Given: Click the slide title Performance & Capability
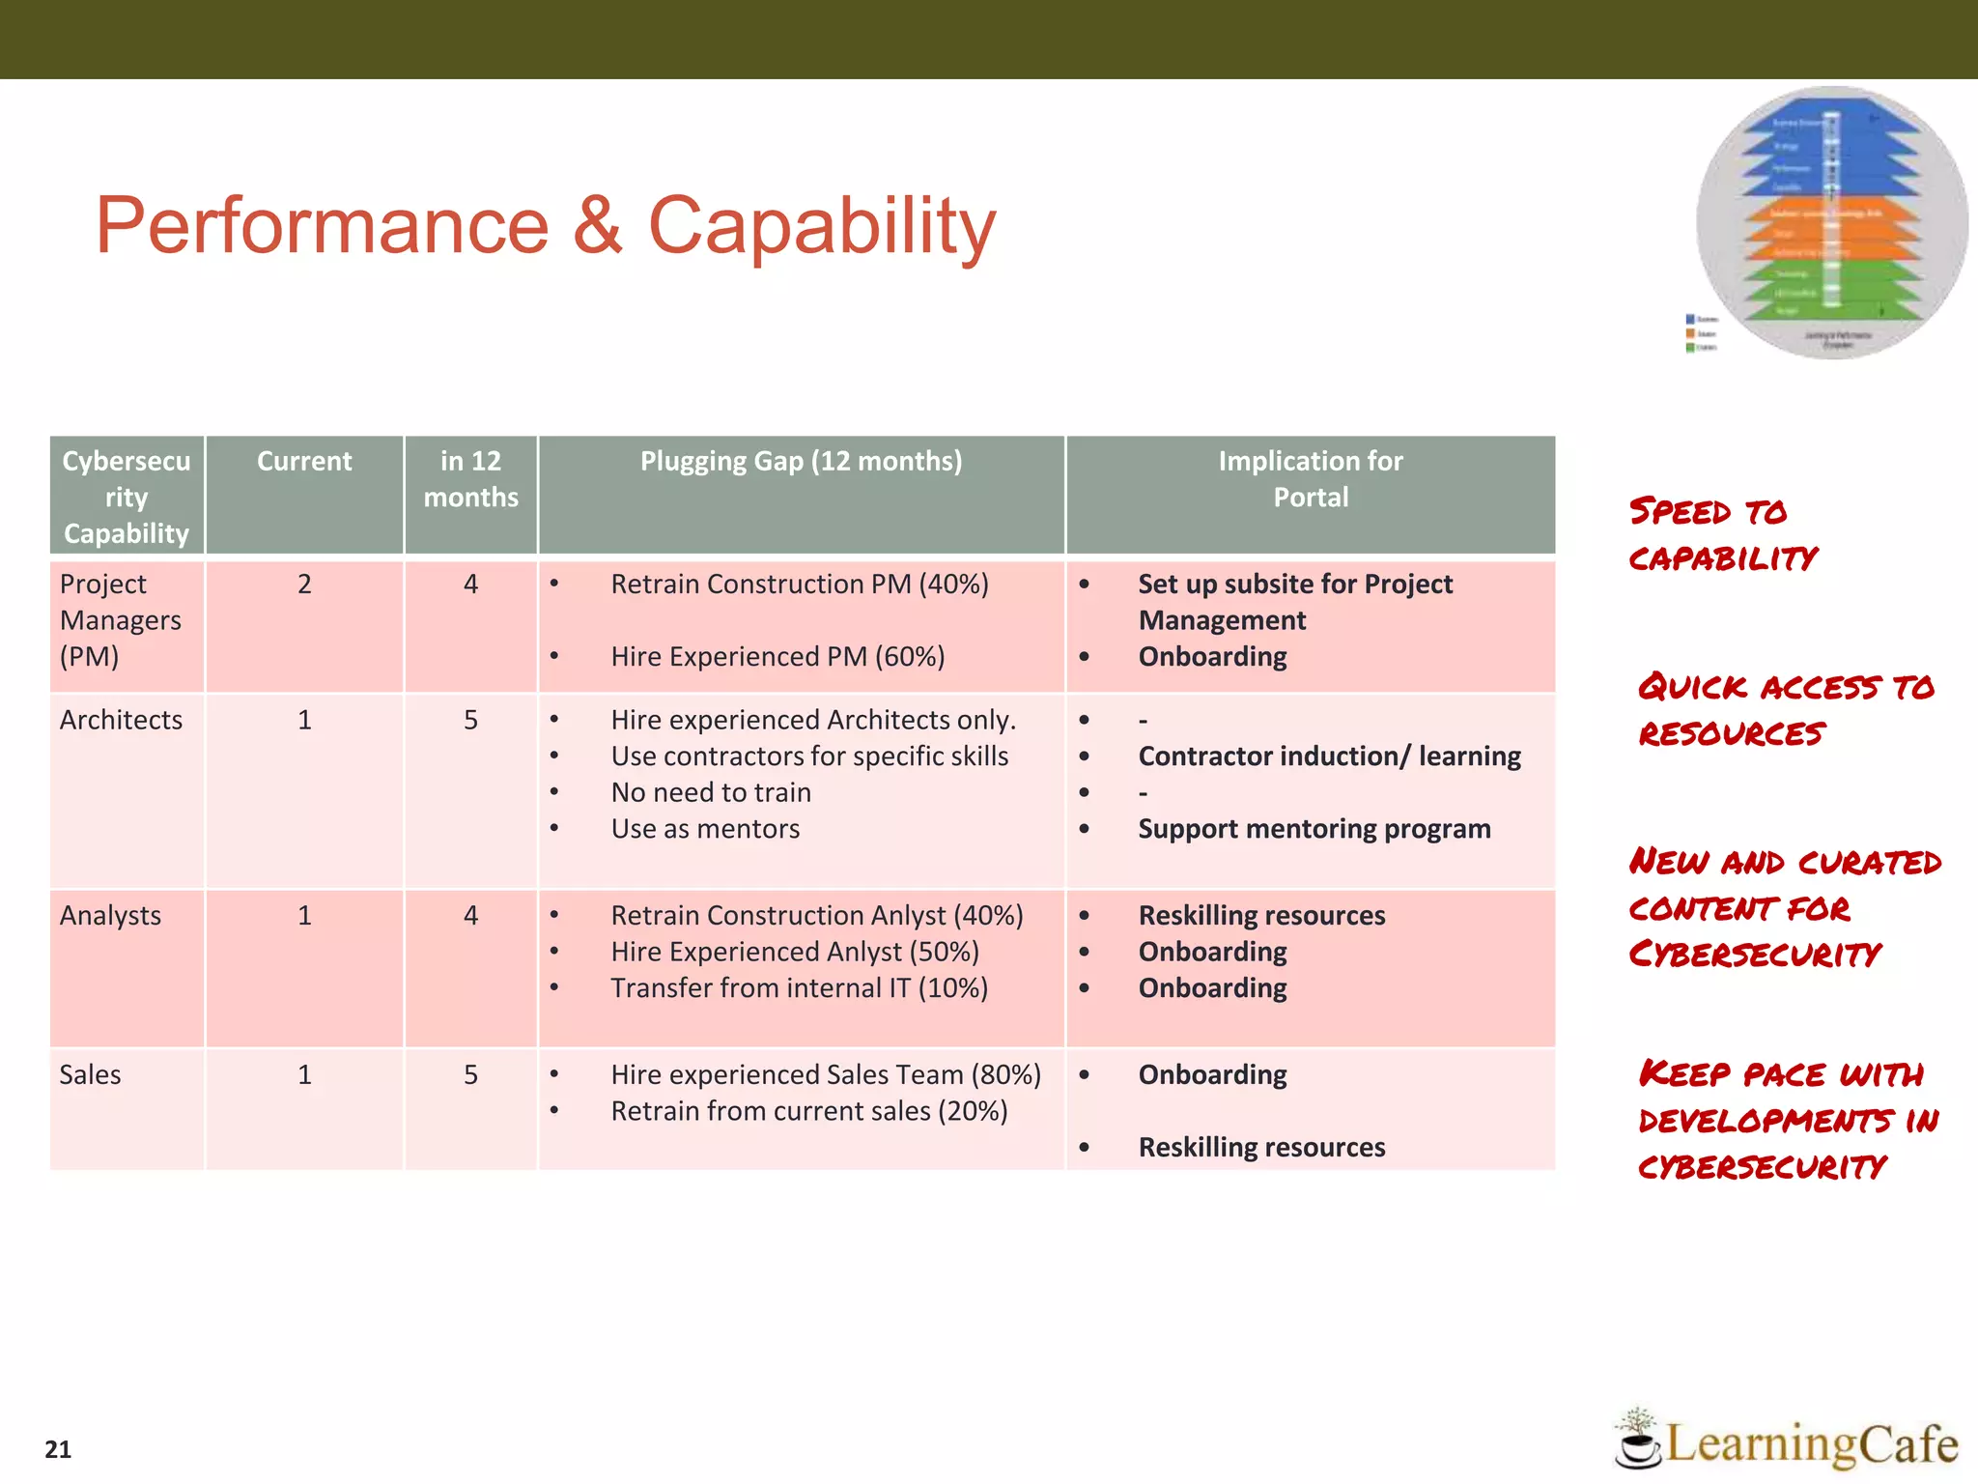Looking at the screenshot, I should [546, 225].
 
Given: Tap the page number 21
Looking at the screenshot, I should [58, 1449].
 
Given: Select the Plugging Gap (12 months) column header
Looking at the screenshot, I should [801, 462].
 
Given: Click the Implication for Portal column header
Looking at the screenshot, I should [1310, 479].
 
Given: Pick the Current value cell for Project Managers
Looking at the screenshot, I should [304, 585].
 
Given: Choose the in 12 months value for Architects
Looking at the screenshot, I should [470, 721].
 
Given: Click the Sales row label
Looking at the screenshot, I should [90, 1075].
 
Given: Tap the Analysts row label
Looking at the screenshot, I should [110, 916].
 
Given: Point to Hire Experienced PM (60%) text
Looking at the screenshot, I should [777, 657].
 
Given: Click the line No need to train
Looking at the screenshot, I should [711, 793].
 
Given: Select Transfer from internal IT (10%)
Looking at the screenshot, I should [799, 988].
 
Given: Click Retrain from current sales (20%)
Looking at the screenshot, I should [809, 1111].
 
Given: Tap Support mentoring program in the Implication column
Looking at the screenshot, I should [1314, 829].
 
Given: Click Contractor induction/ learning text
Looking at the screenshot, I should [1329, 756].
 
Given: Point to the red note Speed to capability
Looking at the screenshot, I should [1721, 534].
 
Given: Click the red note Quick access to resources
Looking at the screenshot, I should [1785, 710].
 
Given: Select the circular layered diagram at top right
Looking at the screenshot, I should [1831, 222].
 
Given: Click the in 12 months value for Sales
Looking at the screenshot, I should [470, 1075].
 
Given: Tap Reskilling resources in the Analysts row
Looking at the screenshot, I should [1261, 916].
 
